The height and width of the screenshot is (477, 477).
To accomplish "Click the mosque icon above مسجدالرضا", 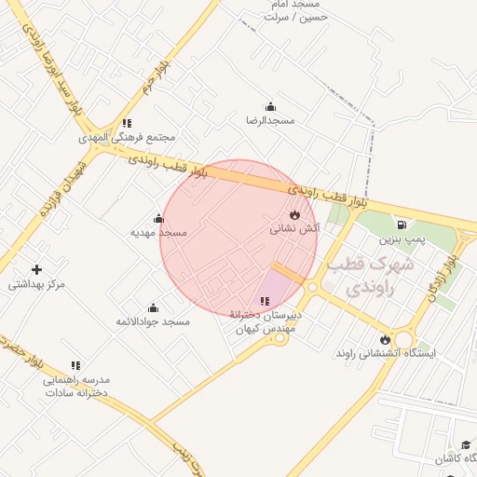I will click(x=270, y=106).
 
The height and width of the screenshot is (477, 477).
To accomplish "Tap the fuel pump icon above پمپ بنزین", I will click(x=402, y=225).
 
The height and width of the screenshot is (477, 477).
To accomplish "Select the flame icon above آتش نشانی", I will click(x=295, y=213).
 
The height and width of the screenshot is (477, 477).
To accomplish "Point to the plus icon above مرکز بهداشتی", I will click(x=36, y=269).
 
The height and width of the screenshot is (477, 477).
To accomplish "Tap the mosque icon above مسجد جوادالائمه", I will click(x=153, y=307).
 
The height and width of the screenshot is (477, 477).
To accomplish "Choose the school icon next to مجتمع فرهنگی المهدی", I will click(x=127, y=123).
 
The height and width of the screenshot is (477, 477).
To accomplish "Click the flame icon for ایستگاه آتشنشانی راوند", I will click(x=385, y=339).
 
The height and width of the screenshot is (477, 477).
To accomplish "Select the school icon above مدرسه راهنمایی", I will click(x=75, y=366).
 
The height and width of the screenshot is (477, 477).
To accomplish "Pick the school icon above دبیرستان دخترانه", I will click(x=266, y=301).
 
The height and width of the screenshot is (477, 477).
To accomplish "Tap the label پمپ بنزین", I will click(x=402, y=239).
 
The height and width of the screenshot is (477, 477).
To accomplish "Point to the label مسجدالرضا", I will click(x=270, y=121).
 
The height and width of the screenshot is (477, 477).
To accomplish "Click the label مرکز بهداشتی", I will click(x=37, y=284).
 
